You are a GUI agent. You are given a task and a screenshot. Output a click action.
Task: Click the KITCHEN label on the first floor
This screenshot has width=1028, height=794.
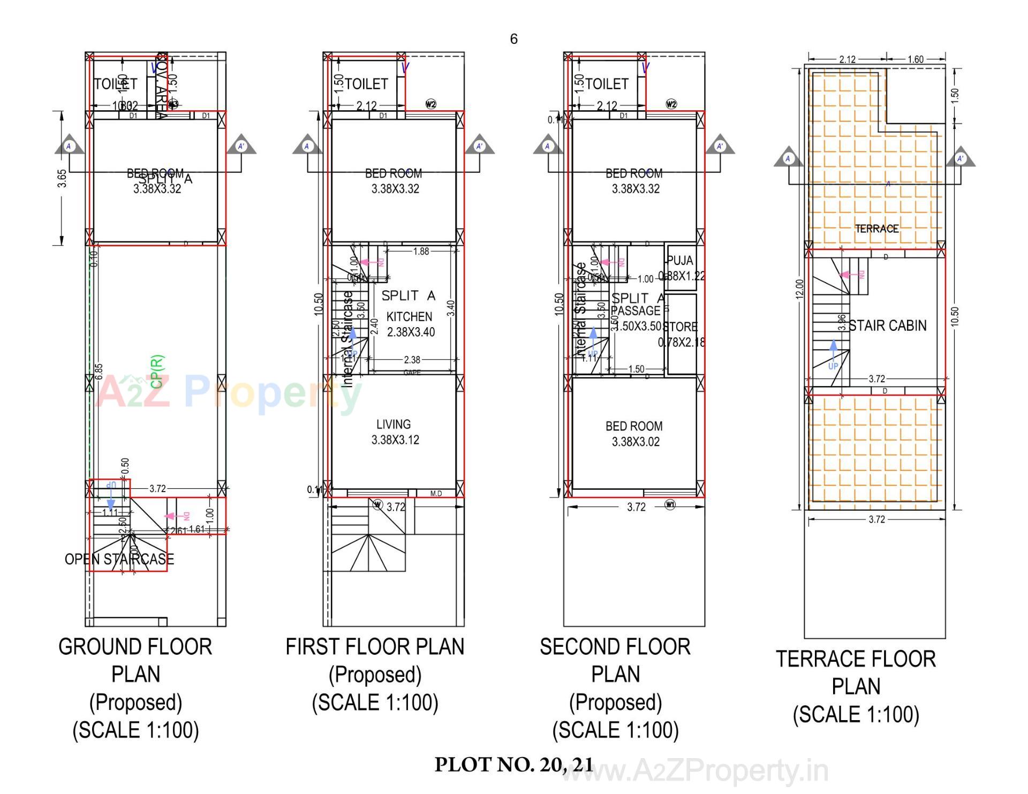[409, 316]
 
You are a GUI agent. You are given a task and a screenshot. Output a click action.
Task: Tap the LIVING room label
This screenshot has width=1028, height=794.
[394, 425]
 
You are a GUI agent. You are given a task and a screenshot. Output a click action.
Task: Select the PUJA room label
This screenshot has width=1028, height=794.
[680, 261]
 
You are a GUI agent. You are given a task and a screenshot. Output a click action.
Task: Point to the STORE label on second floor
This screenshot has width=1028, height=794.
[681, 327]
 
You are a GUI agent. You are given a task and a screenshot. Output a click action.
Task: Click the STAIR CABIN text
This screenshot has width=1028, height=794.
[887, 326]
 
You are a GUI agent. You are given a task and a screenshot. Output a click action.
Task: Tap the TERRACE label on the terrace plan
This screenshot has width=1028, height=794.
[876, 229]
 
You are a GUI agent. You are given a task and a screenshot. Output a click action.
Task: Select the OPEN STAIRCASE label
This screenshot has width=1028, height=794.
[119, 559]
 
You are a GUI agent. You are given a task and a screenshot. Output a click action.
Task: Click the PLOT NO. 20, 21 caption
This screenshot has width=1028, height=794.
[513, 765]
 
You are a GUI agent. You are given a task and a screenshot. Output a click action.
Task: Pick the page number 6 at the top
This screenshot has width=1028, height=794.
[513, 39]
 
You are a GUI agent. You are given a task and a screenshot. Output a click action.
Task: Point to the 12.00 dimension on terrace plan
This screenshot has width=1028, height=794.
[799, 290]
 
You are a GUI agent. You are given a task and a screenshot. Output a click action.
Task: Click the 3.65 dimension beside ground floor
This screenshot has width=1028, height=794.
[62, 178]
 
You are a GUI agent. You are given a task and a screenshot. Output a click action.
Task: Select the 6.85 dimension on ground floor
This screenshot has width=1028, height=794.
[99, 372]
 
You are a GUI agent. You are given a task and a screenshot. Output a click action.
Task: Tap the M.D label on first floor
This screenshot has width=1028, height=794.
[436, 494]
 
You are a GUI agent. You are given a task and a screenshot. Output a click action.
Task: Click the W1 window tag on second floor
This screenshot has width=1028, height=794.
[670, 504]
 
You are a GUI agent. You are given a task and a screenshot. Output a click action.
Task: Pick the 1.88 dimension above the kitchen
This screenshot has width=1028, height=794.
[421, 251]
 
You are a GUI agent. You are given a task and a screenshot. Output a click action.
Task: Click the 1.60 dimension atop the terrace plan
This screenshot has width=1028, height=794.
[915, 59]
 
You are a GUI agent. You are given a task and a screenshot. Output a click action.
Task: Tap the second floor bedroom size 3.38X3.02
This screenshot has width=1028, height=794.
[636, 442]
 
